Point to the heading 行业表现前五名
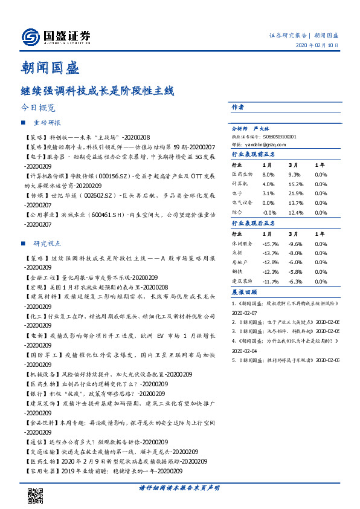pos(254,154)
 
